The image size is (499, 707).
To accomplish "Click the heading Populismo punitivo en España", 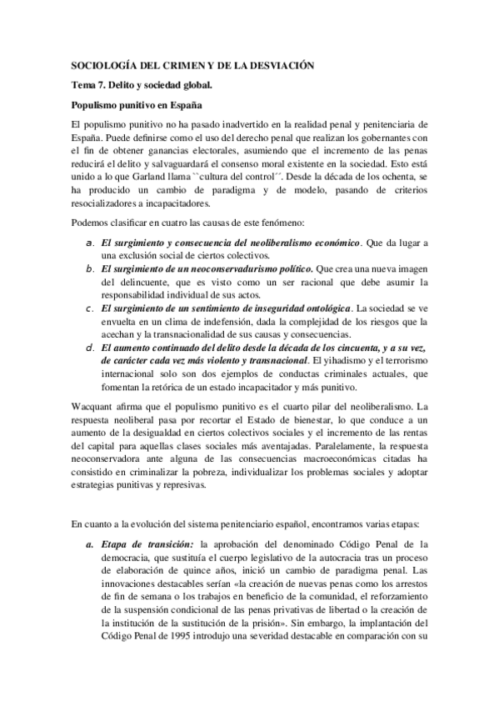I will coord(131,106).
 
